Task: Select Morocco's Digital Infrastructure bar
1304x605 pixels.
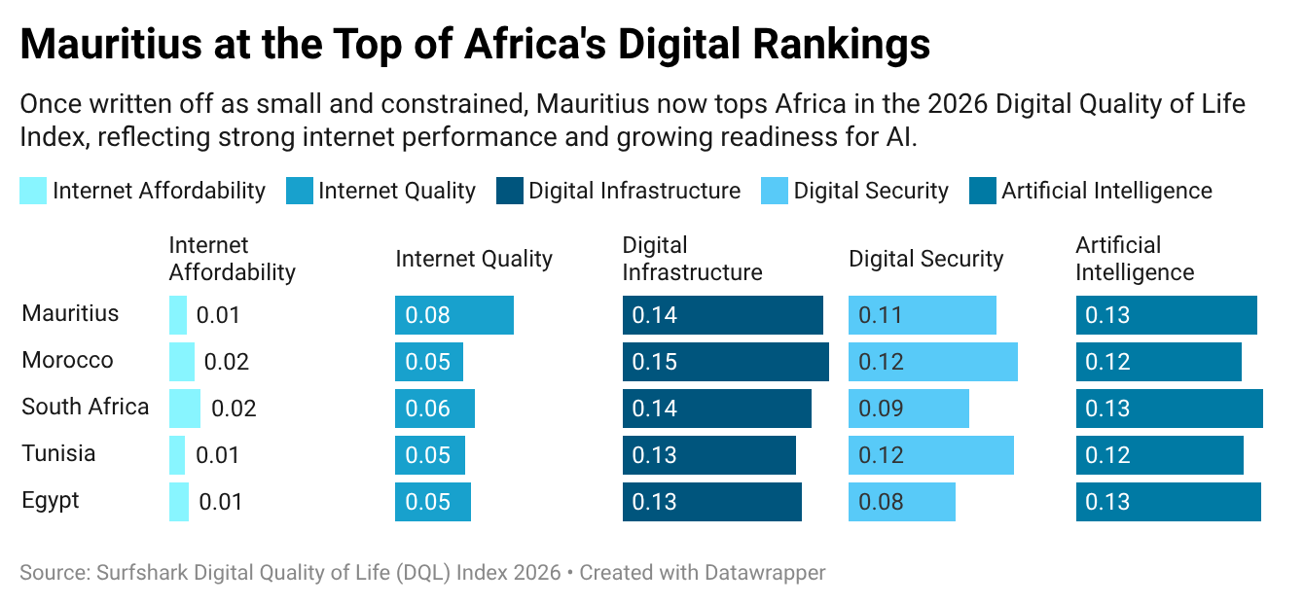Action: tap(725, 362)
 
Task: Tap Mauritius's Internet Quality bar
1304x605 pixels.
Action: tap(453, 315)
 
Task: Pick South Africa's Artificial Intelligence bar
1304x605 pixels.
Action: tap(1169, 409)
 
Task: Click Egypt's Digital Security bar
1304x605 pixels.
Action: tap(901, 502)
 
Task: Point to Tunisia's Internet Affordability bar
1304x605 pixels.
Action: tap(177, 455)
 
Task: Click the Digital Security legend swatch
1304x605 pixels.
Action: tap(775, 191)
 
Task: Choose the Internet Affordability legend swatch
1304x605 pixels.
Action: tap(33, 191)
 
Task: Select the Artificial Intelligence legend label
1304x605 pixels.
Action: tap(1106, 191)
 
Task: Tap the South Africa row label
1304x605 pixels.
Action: tap(86, 407)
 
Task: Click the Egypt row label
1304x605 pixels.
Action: tap(51, 500)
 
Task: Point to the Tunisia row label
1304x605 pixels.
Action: tap(58, 453)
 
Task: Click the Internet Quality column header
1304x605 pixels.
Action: tap(473, 259)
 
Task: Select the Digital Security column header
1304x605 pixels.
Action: tap(925, 259)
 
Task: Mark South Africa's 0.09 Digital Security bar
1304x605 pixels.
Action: tap(909, 409)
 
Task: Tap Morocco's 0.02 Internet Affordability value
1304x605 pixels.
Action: tap(227, 362)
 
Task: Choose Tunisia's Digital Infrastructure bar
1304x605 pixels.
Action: tap(708, 455)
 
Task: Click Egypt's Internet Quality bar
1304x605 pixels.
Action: tap(432, 502)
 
